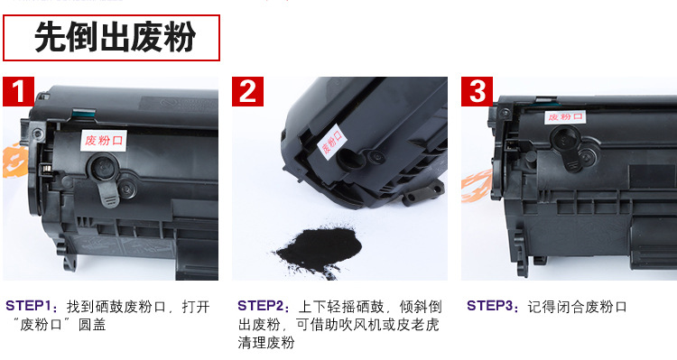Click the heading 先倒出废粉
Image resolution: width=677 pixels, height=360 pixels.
pyautogui.click(x=115, y=37)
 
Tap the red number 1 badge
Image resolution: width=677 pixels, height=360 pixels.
pyautogui.click(x=18, y=91)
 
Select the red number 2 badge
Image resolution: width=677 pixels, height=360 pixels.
pyautogui.click(x=247, y=91)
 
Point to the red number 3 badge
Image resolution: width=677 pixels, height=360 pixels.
pyautogui.click(x=477, y=91)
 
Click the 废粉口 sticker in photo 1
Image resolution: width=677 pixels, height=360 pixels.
pyautogui.click(x=104, y=140)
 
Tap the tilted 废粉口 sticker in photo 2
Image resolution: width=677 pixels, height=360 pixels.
pyautogui.click(x=331, y=142)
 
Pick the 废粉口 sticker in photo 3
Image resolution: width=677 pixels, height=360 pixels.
pyautogui.click(x=565, y=116)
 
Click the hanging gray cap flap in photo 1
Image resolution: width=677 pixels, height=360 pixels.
pyautogui.click(x=108, y=193)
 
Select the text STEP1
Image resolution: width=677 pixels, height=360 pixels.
pyautogui.click(x=28, y=306)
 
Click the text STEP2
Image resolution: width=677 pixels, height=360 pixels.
pyautogui.click(x=260, y=306)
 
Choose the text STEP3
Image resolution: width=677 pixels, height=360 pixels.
pyautogui.click(x=489, y=306)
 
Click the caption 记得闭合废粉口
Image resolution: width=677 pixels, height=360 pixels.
pyautogui.click(x=577, y=307)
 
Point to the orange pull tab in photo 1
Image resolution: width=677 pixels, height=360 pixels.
pyautogui.click(x=13, y=160)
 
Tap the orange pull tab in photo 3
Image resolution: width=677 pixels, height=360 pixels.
pyautogui.click(x=477, y=186)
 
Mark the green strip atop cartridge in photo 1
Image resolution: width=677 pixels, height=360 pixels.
pyautogui.click(x=82, y=114)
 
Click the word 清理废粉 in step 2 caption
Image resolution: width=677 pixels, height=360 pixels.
pyautogui.click(x=266, y=343)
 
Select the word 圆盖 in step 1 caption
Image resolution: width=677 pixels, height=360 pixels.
pyautogui.click(x=92, y=325)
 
